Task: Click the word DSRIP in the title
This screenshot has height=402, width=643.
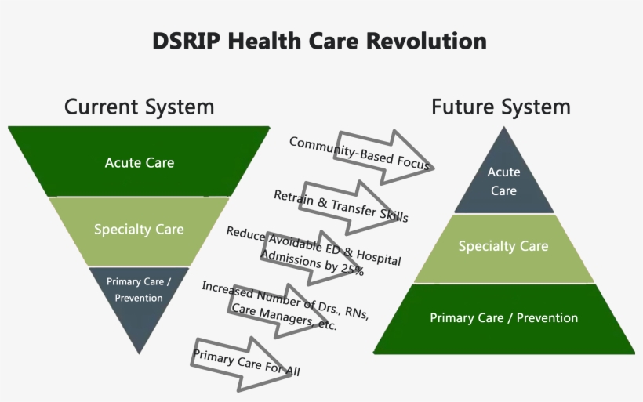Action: click(x=186, y=41)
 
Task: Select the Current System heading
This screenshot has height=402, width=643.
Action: click(x=139, y=107)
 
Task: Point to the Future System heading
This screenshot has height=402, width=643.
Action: click(x=501, y=107)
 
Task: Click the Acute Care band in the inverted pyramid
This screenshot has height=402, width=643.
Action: click(x=139, y=161)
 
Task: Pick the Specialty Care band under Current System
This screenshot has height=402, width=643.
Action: click(x=139, y=231)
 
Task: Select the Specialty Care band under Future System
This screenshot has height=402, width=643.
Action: click(x=503, y=248)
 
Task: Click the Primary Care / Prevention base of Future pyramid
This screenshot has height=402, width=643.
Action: click(x=503, y=319)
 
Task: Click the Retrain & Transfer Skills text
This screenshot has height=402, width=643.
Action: click(x=341, y=206)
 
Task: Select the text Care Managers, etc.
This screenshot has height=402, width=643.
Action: click(x=284, y=317)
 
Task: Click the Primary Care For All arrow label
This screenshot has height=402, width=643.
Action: click(x=246, y=363)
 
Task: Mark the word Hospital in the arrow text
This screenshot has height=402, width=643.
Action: click(x=379, y=257)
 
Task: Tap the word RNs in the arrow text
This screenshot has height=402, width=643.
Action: click(x=357, y=313)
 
